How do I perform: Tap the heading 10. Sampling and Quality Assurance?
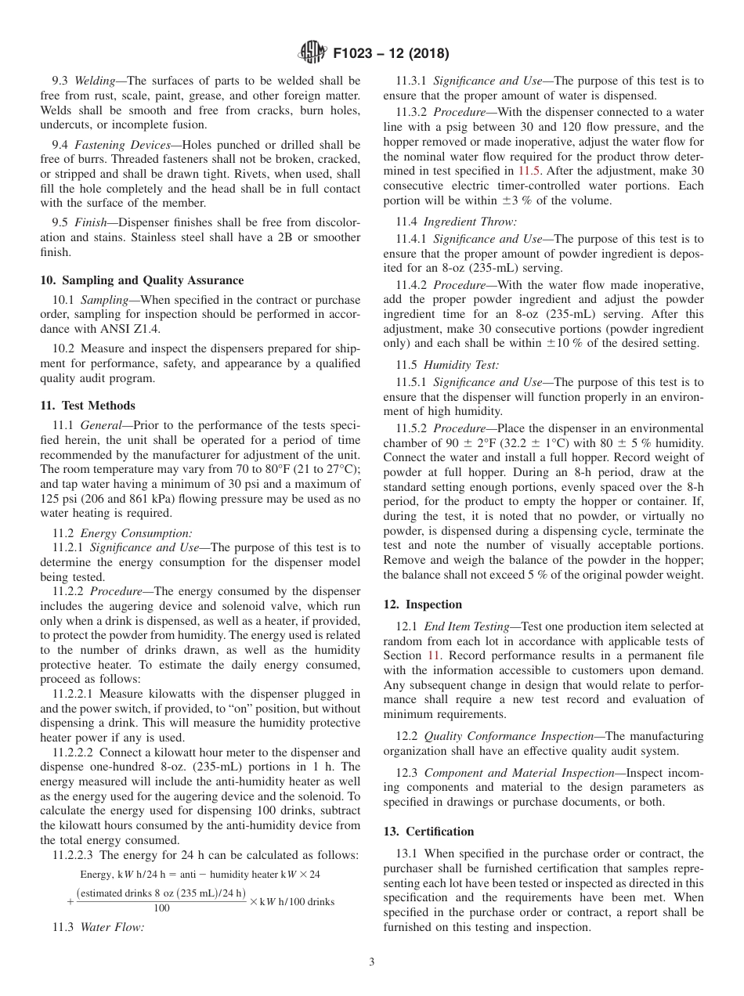pos(142,280)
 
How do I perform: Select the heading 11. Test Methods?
pos(88,406)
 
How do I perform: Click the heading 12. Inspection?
pos(422,604)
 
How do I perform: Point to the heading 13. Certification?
pos(428,832)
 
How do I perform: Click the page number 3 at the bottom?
pos(372,962)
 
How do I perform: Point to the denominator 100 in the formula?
pos(162,908)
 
